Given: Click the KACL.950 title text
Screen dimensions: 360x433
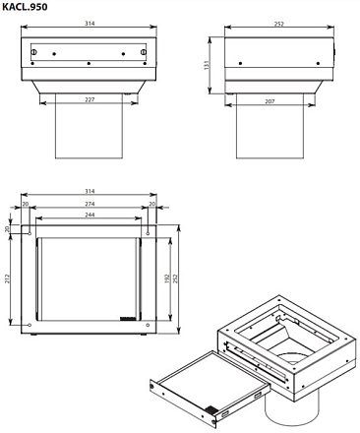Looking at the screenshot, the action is click(x=25, y=7).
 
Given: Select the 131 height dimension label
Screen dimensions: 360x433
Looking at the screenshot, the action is click(x=207, y=65).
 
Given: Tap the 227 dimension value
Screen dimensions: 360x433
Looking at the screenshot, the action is click(x=90, y=99).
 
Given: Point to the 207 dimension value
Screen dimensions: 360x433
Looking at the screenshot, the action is click(x=270, y=101).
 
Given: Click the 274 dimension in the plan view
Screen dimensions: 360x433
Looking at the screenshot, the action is click(x=90, y=204).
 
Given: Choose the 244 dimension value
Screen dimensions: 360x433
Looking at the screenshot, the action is click(x=90, y=215).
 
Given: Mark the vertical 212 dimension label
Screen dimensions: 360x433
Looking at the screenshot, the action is click(x=7, y=278).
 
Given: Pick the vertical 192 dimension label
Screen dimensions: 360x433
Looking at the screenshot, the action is click(x=167, y=278).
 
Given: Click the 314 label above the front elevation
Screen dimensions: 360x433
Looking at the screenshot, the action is click(x=90, y=24).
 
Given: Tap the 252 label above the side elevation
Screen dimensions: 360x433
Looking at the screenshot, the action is click(x=278, y=24).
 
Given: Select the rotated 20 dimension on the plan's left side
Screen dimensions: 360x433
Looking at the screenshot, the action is click(x=7, y=228).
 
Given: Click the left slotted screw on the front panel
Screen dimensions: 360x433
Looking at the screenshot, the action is click(x=33, y=52).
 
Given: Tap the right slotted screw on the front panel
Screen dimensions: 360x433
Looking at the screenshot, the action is click(x=144, y=52).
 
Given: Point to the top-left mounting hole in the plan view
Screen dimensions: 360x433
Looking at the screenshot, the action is click(x=30, y=233).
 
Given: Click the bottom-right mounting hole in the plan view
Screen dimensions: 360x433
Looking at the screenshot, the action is click(x=148, y=325).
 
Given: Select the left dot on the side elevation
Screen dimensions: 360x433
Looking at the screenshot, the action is click(x=240, y=63).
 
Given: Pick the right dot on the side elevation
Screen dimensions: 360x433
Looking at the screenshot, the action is click(x=318, y=63).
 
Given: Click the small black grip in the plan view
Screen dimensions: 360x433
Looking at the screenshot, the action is click(x=128, y=318).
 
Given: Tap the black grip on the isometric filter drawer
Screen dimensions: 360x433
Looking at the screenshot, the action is click(x=211, y=409).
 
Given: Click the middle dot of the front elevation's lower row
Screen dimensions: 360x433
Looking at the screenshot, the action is click(x=89, y=63).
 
